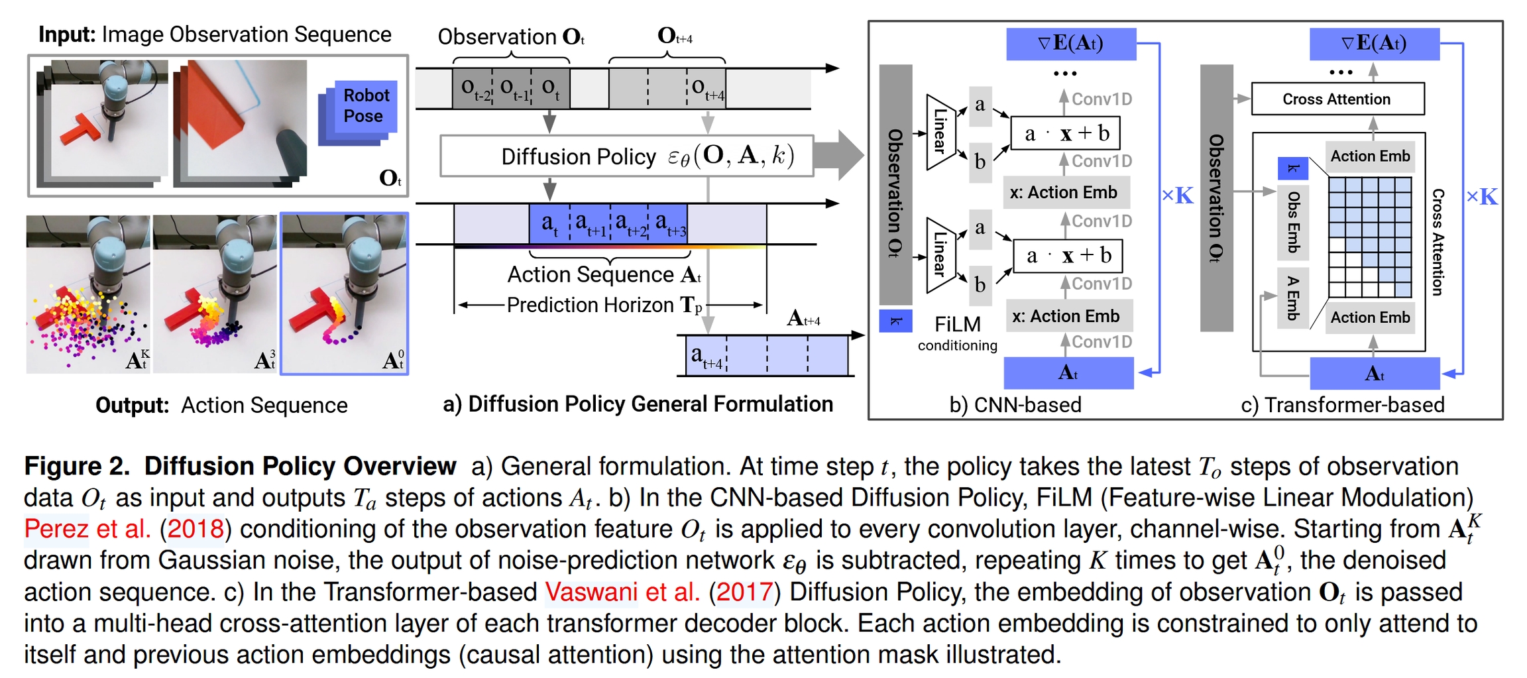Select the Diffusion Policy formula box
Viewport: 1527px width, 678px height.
pos(626,156)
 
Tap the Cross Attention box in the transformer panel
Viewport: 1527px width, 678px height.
pos(1337,99)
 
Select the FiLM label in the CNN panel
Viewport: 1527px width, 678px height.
pos(957,324)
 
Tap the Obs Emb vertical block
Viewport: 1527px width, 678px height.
pos(1293,222)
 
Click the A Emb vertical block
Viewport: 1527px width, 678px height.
pos(1293,298)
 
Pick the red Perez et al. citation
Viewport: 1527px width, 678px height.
pos(87,529)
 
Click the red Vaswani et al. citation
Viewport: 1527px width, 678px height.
pos(622,592)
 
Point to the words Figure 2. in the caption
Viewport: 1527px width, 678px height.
pos(77,467)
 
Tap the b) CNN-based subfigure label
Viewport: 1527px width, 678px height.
pos(1015,404)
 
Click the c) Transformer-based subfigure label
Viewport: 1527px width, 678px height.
pos(1342,404)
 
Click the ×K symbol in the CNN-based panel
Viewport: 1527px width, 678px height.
pos(1177,196)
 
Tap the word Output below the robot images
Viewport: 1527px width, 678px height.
pos(132,405)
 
